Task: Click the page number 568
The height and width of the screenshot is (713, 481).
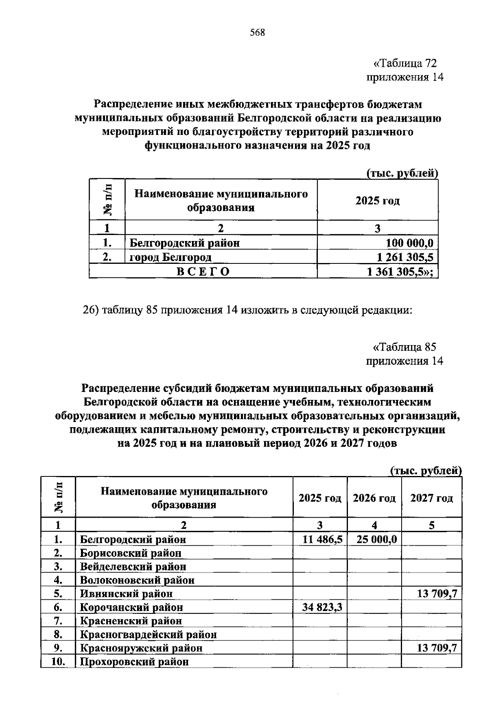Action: [257, 33]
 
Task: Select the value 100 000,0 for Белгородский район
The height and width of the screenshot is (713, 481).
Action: [409, 243]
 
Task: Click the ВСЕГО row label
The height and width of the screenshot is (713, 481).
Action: [203, 272]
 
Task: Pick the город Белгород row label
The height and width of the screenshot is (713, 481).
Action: [170, 257]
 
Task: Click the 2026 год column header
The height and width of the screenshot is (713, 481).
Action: [374, 498]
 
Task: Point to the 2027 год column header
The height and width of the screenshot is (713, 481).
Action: [431, 498]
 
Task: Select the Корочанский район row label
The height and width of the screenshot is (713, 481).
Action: [131, 607]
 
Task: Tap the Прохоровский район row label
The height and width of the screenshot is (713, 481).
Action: [134, 662]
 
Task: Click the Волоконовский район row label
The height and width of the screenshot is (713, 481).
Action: [137, 580]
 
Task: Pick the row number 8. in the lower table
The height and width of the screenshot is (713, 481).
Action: [58, 635]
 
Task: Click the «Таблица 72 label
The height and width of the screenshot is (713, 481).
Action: [404, 63]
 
